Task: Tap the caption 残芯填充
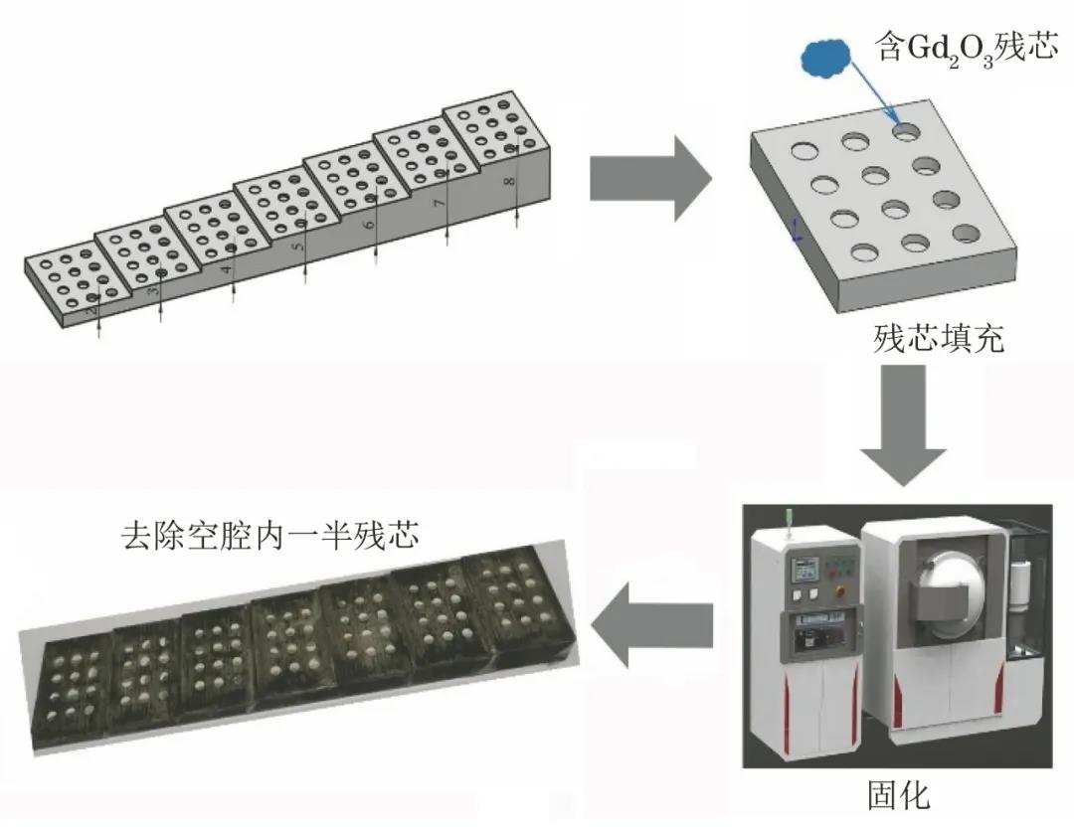click(x=939, y=339)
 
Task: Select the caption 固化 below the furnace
click(x=898, y=795)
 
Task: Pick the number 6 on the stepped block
click(x=370, y=226)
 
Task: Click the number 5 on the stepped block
click(x=299, y=248)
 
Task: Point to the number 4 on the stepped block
click(x=228, y=269)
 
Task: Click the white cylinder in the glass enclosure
click(x=1018, y=585)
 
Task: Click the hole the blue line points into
click(x=906, y=129)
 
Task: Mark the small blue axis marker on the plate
click(x=796, y=232)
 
